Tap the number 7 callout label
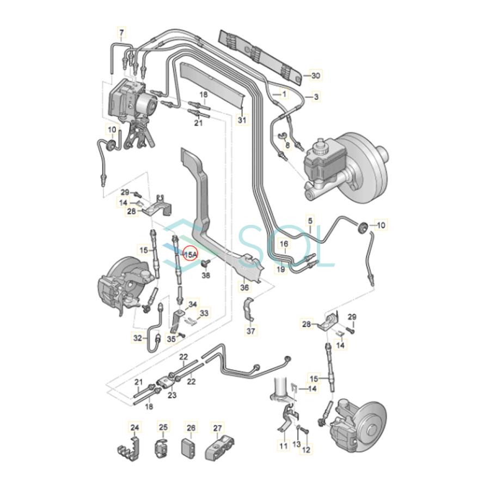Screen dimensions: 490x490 tap(121, 33)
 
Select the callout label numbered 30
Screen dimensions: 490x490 tap(316, 75)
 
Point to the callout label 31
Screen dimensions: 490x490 tap(242, 120)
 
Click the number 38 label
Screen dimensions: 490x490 tap(206, 275)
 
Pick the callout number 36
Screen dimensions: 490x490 tap(244, 286)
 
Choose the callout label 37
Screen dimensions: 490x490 tap(251, 330)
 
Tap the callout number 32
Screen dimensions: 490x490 tap(138, 338)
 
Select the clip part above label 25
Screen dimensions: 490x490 tap(162, 449)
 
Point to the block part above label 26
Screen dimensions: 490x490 tap(189, 449)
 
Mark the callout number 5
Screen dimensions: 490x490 tap(310, 221)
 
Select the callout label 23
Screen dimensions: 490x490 tap(172, 395)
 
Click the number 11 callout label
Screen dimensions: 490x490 tap(283, 445)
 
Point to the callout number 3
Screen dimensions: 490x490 tap(316, 97)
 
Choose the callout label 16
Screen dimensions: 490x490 tap(284, 244)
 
